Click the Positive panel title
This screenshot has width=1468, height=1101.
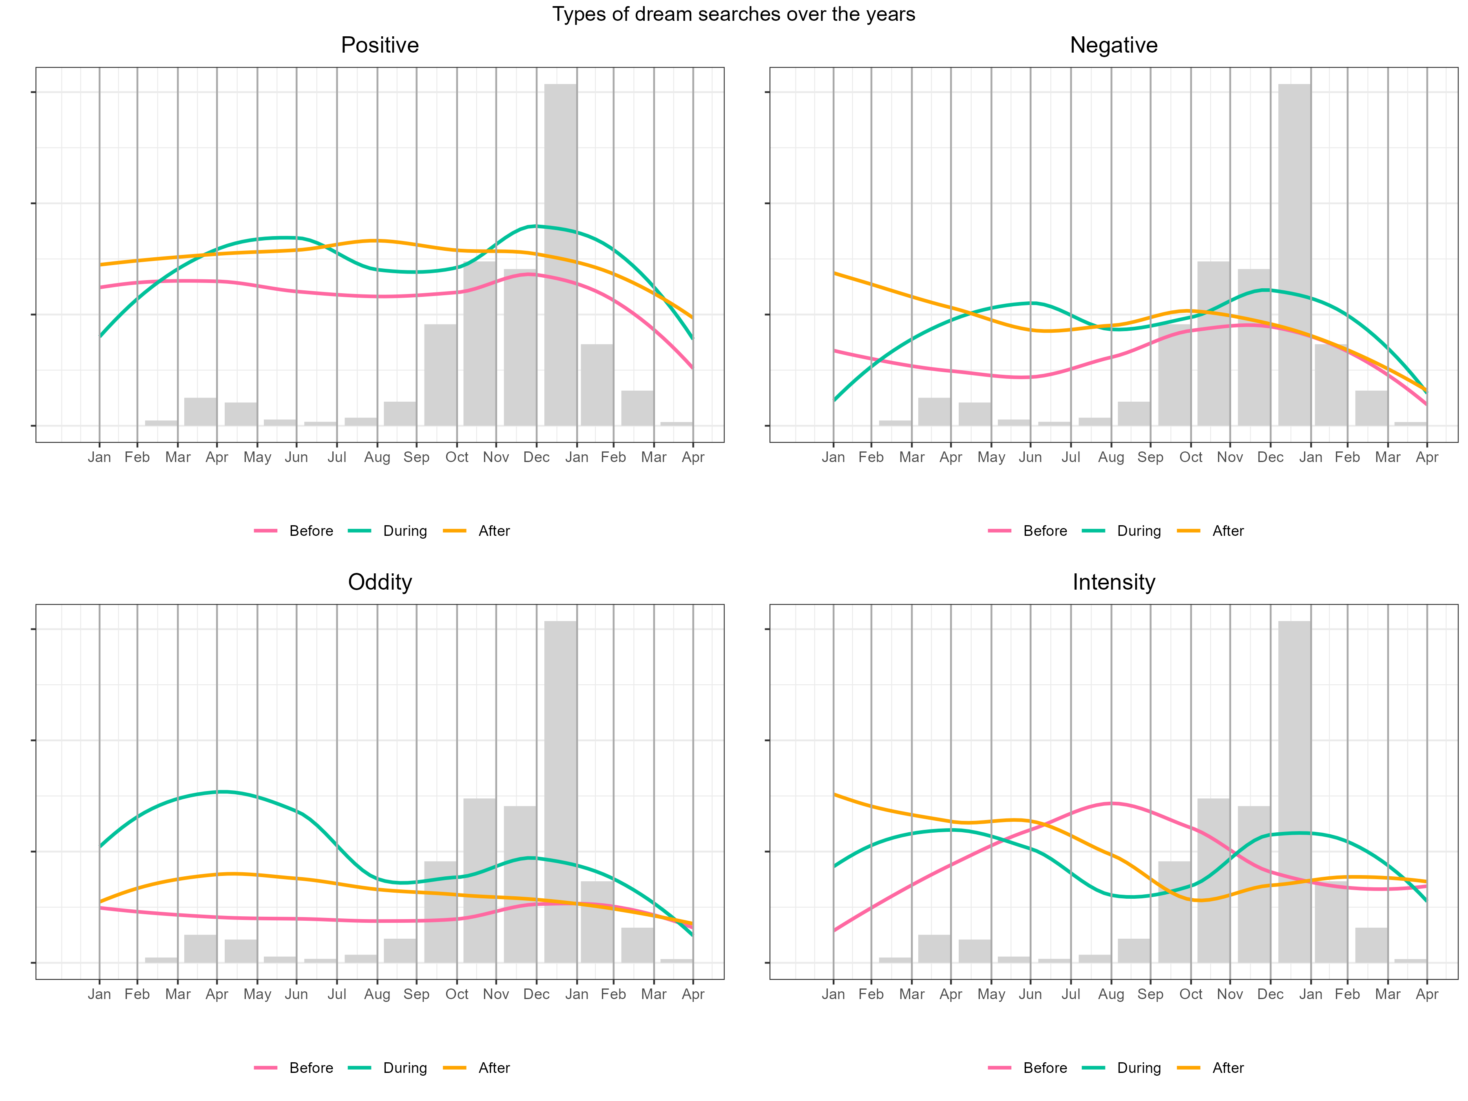pos(380,45)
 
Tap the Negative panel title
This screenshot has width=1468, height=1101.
pos(1114,45)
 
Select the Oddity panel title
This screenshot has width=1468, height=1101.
pos(380,582)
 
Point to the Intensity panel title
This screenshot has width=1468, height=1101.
pos(1114,582)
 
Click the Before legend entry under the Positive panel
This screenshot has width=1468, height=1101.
pos(311,531)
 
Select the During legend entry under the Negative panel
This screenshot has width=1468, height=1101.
pos(1138,531)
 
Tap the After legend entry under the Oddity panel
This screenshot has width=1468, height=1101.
pos(494,1068)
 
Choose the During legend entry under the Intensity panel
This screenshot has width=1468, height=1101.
pos(1138,1068)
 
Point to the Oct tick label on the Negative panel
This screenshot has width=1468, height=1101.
pos(1191,457)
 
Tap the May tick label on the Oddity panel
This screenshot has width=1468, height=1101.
pos(257,994)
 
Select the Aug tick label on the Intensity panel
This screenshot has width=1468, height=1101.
pos(1111,994)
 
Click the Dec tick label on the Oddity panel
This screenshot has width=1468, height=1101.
pos(536,994)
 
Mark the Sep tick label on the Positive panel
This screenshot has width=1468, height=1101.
pos(417,457)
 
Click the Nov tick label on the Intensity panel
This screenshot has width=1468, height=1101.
pos(1230,994)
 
